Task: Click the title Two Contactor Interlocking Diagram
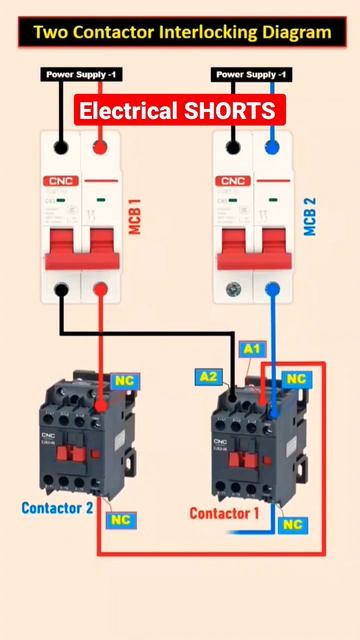pyautogui.click(x=181, y=32)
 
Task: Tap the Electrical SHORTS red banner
pyautogui.click(x=181, y=110)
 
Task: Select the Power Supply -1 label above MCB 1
pyautogui.click(x=81, y=75)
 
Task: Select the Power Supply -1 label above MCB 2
pyautogui.click(x=253, y=75)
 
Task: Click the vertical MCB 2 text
pyautogui.click(x=310, y=217)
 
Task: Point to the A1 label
pyautogui.click(x=253, y=349)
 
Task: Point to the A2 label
pyautogui.click(x=208, y=377)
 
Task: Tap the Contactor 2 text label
pyautogui.click(x=57, y=508)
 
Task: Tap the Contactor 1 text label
pyautogui.click(x=225, y=514)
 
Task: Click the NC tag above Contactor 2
pyautogui.click(x=124, y=381)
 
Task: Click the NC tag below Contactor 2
pyautogui.click(x=121, y=520)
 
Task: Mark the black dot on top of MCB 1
pyautogui.click(x=61, y=148)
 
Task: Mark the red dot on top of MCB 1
pyautogui.click(x=100, y=148)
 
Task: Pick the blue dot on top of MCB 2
pyautogui.click(x=272, y=148)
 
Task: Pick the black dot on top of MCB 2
pyautogui.click(x=233, y=148)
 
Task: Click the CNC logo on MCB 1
pyautogui.click(x=59, y=181)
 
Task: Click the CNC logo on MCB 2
pyautogui.click(x=232, y=181)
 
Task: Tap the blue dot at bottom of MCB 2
pyautogui.click(x=272, y=290)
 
